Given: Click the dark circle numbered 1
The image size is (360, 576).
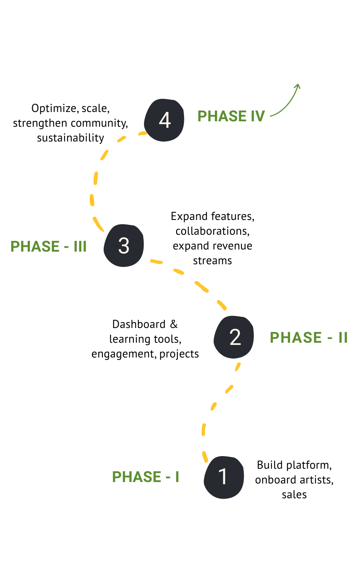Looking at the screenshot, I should pos(224,477).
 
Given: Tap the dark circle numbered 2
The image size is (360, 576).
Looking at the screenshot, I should pos(234,337).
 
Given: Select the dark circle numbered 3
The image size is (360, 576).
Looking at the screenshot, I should pos(123,246).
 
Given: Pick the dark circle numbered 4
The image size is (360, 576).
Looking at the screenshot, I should pos(164,120).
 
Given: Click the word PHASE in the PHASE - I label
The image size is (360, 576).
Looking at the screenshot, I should pos(136,477).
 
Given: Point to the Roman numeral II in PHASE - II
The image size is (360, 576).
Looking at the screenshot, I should pos(343,338).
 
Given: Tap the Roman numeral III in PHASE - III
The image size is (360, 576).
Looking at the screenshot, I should pos(80,247).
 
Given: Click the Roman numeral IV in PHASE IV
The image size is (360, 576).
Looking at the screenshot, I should pos(258,116).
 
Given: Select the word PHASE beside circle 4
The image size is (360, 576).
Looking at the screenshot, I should pos(222,116).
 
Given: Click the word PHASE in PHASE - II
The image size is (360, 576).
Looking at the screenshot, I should pos(296,338).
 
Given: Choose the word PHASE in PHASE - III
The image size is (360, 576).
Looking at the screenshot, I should pos(35,247).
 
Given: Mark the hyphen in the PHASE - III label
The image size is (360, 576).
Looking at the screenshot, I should pos(66,247).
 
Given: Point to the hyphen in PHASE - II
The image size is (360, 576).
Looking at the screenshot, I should pos(330,338).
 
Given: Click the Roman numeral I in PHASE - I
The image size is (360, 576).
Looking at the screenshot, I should pos(177,477).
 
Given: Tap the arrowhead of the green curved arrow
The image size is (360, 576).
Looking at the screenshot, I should pos(297,86).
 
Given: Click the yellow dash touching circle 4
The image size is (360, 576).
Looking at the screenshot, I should pos(143,134).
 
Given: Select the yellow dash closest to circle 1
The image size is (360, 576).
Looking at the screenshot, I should pos(205,456).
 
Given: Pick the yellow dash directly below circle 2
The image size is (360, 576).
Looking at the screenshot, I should pos(238,367).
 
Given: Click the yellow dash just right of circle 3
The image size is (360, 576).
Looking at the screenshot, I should pos(156,261).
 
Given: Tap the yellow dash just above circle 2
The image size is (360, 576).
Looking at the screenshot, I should pos(221,305).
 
